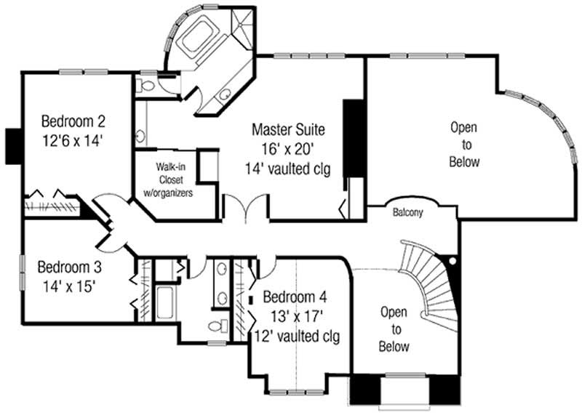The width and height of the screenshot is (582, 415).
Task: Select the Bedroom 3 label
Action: point(67,265)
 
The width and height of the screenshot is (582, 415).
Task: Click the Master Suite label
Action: point(288,130)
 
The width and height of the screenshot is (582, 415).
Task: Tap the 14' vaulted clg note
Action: point(288,169)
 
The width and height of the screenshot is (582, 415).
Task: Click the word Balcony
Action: point(408,213)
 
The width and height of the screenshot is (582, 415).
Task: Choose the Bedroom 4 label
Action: point(295,297)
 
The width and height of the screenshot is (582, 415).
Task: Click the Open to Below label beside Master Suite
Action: point(464,144)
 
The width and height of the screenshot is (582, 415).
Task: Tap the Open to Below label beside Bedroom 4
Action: point(394,329)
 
